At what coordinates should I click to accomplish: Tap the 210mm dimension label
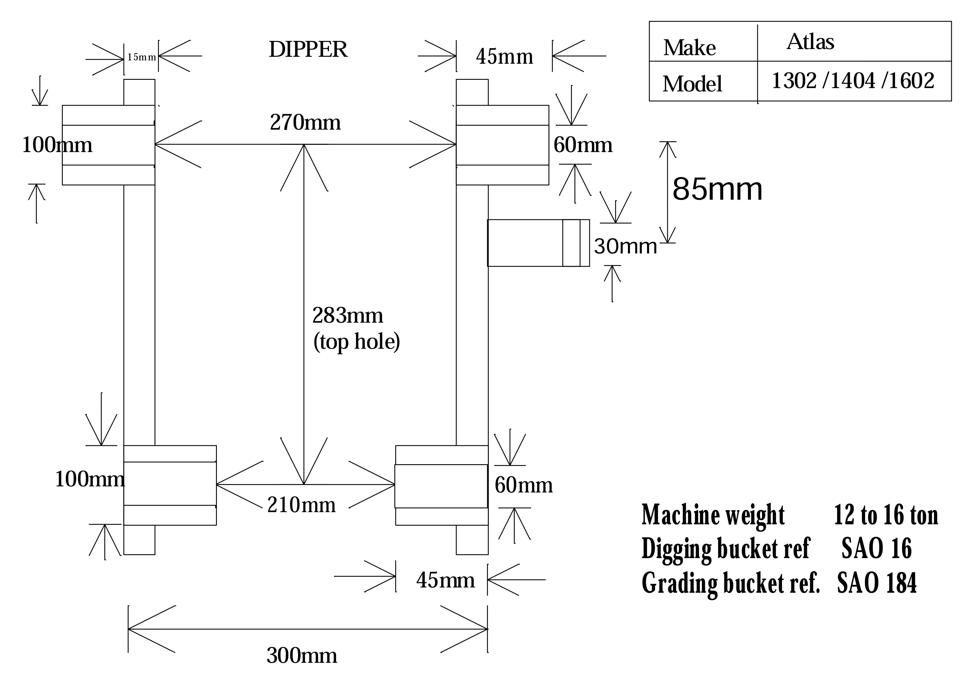click(x=301, y=505)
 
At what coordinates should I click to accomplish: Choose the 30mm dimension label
click(x=625, y=246)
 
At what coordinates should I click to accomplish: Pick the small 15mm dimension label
click(x=142, y=57)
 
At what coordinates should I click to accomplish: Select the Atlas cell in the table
click(x=810, y=42)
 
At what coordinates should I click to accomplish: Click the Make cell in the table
click(x=689, y=47)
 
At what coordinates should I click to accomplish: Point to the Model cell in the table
click(x=692, y=83)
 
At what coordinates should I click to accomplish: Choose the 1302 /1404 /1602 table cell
click(x=853, y=81)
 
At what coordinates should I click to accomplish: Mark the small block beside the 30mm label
click(x=538, y=243)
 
